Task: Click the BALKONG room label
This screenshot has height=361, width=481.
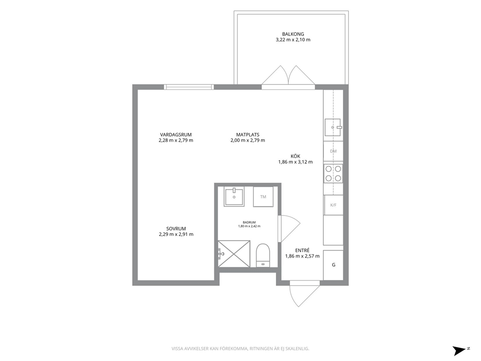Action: point(293,34)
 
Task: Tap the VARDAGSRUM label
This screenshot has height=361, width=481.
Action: point(176,135)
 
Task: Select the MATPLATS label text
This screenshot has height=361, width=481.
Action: point(248,135)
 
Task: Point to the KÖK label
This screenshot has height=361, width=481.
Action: point(295,156)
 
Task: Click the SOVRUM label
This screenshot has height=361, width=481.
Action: point(176,229)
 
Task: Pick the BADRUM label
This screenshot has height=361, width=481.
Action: point(249,223)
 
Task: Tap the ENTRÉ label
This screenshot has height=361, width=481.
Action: point(302,250)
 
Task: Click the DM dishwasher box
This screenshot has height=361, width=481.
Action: point(333,151)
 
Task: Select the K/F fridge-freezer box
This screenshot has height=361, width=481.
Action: point(334,205)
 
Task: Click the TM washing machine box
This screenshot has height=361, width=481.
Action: point(263,197)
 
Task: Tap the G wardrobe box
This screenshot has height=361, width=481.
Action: point(333,265)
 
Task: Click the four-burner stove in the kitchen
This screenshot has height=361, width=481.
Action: point(333,173)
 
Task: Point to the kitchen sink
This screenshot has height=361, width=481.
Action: point(333,127)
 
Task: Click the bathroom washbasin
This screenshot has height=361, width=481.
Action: point(234,197)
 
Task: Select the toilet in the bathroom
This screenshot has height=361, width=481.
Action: point(263,255)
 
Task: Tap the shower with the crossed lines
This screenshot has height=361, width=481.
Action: point(234,254)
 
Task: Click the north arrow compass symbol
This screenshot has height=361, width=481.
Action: point(460,350)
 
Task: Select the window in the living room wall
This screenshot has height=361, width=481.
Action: point(189,87)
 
